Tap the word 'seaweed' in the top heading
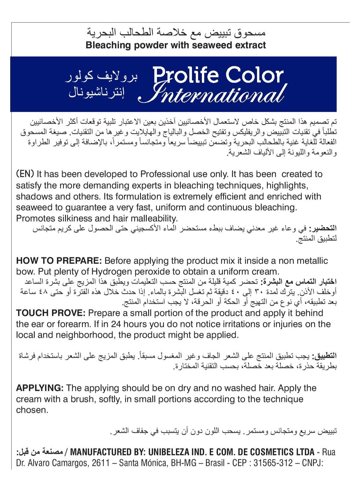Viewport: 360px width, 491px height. (x=209, y=45)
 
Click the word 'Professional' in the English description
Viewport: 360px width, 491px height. (x=165, y=174)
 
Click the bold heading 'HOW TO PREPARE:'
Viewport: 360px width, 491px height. (x=59, y=260)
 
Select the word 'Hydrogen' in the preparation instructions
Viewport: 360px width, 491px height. (x=112, y=271)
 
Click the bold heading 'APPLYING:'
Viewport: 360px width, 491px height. (x=40, y=388)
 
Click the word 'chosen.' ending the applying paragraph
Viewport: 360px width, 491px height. (x=32, y=410)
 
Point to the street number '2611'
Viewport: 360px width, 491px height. (x=101, y=463)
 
